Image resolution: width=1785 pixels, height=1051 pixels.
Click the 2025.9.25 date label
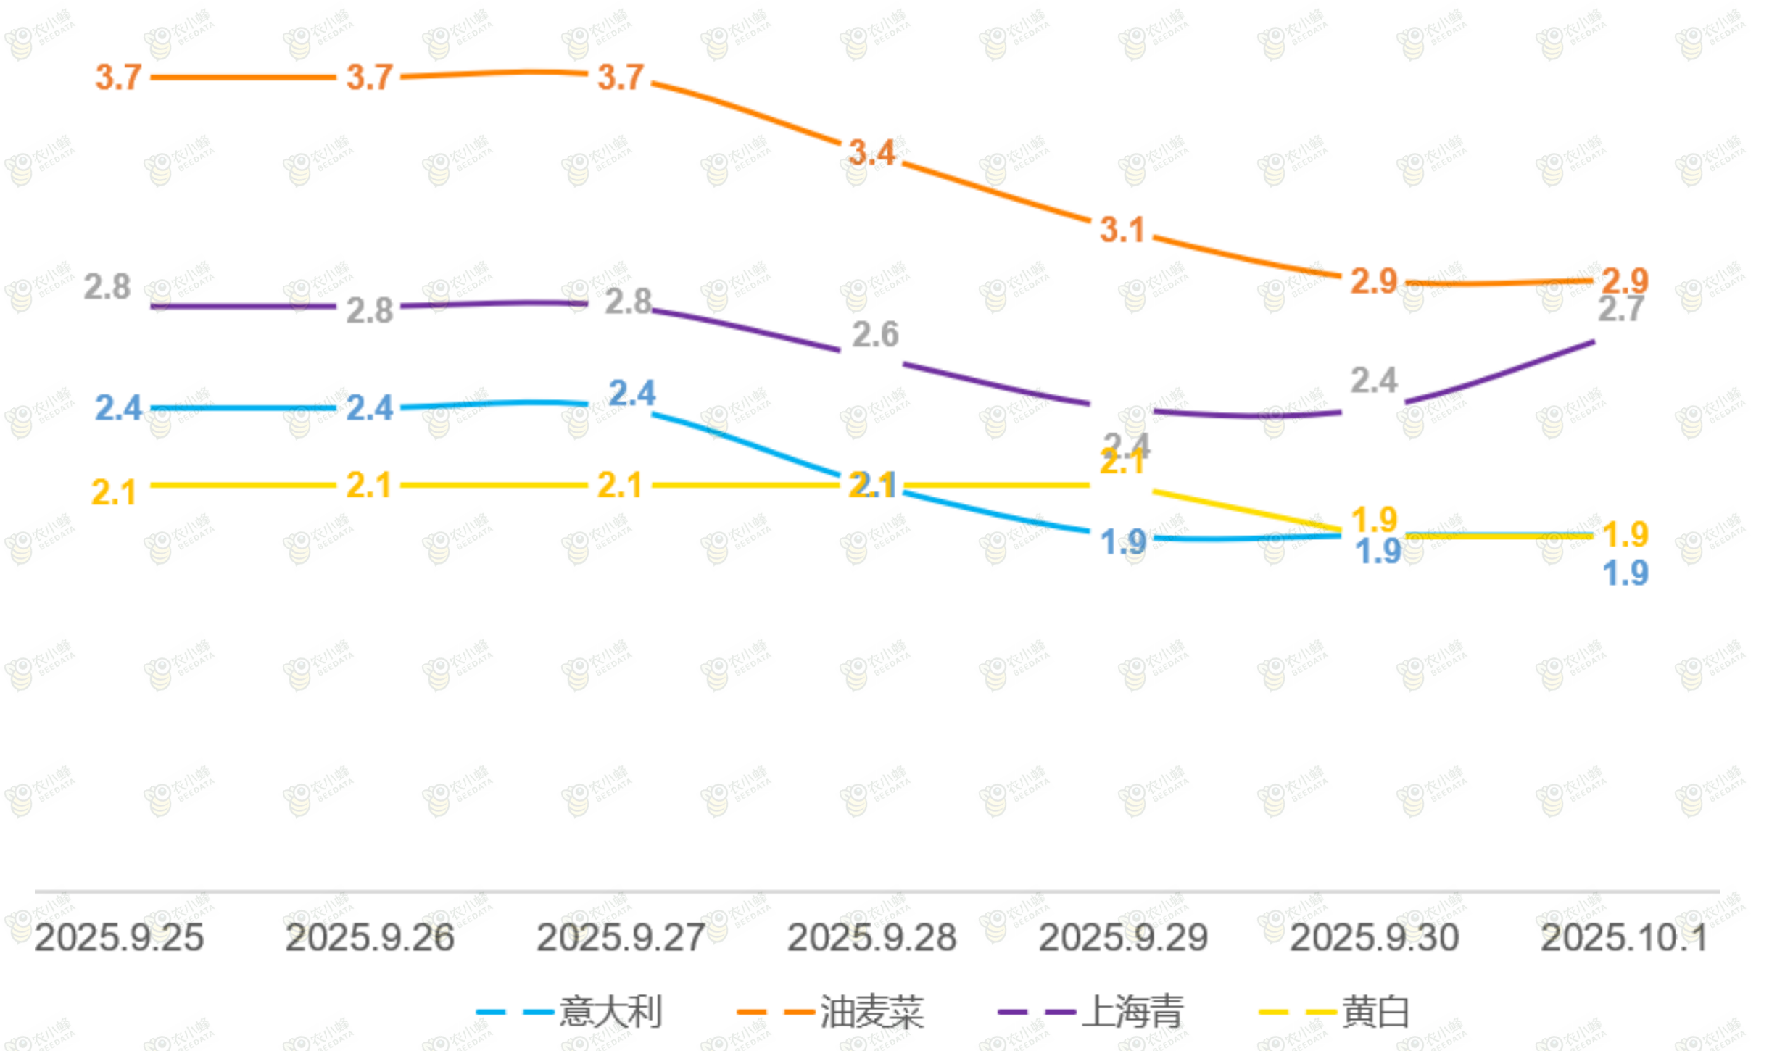(x=119, y=938)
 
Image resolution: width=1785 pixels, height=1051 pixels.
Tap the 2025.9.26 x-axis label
(x=370, y=938)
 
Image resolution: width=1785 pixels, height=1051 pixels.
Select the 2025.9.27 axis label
(x=621, y=938)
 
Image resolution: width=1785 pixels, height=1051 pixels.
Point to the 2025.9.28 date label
(x=871, y=938)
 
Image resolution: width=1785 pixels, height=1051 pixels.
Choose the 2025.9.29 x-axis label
(x=1123, y=938)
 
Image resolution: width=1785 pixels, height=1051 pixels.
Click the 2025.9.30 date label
(x=1374, y=938)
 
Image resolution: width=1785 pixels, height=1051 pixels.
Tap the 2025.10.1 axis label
(x=1624, y=938)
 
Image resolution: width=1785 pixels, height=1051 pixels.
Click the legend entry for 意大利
(x=570, y=1012)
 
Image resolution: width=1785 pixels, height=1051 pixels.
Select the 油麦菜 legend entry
(x=831, y=1012)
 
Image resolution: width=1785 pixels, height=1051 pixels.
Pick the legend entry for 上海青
(x=1092, y=1012)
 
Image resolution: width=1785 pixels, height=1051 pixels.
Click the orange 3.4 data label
(x=872, y=153)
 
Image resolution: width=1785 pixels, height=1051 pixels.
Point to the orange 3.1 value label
(x=1122, y=230)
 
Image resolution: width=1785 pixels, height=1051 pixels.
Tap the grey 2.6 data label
(x=875, y=335)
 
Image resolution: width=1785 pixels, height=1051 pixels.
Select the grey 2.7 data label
(x=1621, y=310)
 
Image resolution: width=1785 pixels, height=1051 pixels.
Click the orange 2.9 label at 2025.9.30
(x=1374, y=281)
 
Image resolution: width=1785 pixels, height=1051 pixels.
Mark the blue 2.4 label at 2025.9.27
(x=632, y=394)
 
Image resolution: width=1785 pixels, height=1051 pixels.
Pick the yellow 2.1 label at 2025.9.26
(x=369, y=486)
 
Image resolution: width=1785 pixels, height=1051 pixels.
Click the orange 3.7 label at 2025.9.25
(x=118, y=78)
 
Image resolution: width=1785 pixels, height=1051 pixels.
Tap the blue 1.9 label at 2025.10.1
(x=1625, y=573)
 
